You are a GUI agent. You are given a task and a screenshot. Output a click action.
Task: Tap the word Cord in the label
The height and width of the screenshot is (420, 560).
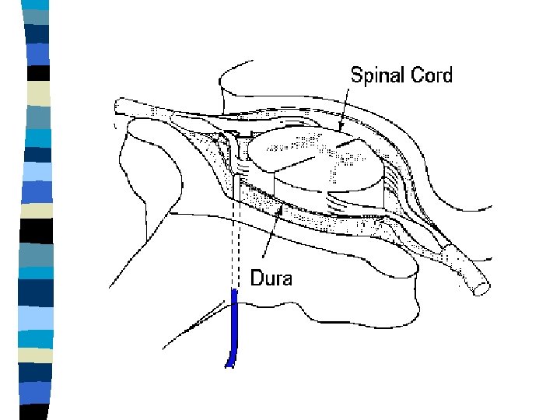(434, 75)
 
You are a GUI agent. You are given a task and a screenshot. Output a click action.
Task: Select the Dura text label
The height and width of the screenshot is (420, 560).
(271, 278)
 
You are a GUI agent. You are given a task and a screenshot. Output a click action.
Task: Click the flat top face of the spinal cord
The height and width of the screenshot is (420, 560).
(311, 152)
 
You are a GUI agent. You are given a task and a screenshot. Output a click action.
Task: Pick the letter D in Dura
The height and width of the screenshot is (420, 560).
(256, 278)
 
